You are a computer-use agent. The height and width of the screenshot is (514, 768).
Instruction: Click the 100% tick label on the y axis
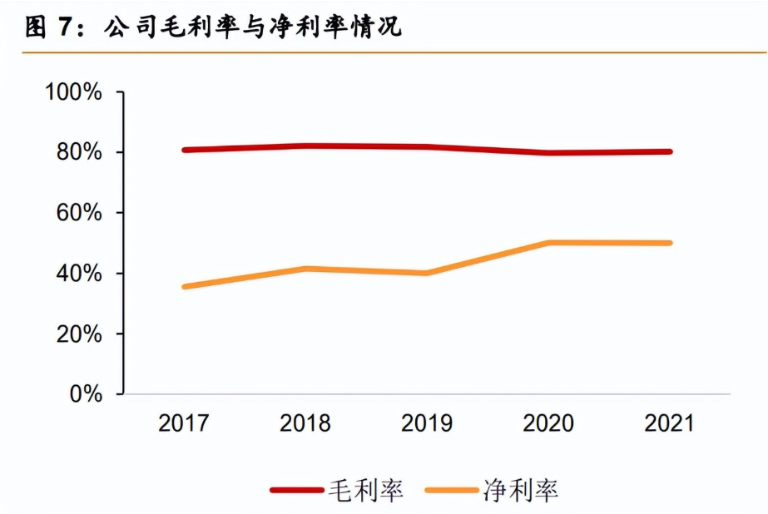(x=74, y=92)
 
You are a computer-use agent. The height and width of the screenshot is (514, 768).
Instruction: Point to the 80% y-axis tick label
(x=80, y=153)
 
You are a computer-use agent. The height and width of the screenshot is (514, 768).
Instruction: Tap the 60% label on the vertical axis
(x=80, y=214)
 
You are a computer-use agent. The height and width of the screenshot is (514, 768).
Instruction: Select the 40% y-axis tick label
(x=80, y=274)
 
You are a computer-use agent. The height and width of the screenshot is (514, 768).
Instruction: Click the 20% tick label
(x=80, y=334)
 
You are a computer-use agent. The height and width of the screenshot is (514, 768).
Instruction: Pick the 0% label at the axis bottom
(x=86, y=394)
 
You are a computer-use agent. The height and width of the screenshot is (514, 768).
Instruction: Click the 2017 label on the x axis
(x=184, y=423)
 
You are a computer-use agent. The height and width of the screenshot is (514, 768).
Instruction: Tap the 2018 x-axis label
(x=305, y=423)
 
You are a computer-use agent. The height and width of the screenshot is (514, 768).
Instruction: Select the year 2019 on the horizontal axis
(x=427, y=423)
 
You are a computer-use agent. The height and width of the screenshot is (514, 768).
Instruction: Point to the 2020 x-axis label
(x=548, y=423)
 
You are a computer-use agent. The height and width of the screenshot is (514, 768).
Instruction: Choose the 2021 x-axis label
(x=669, y=423)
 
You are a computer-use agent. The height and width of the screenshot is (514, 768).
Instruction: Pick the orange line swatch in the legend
(x=452, y=490)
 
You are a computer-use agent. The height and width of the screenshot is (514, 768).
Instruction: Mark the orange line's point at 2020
(x=548, y=243)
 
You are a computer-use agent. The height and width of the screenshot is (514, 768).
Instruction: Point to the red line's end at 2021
(x=669, y=151)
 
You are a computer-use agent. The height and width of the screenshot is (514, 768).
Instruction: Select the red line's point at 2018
(x=305, y=146)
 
